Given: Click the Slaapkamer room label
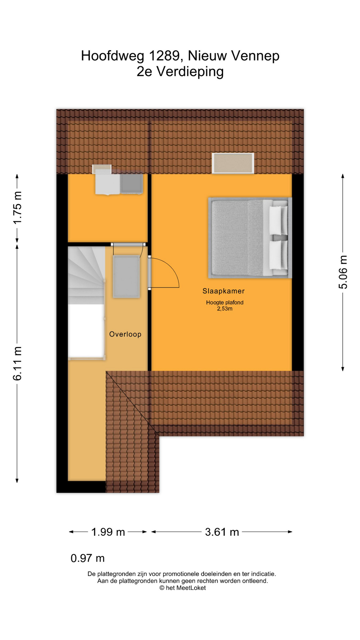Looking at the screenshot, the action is tap(223, 291).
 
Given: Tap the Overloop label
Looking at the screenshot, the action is tap(125, 334).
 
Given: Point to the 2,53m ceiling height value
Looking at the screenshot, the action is tap(225, 309).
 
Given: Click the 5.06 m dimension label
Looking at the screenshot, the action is tap(343, 272).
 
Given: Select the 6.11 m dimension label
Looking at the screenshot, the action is tap(17, 363).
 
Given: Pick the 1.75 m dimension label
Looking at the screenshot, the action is tap(17, 207).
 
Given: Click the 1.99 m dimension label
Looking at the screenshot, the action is tap(108, 532).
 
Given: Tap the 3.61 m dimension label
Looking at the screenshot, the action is tap(222, 532).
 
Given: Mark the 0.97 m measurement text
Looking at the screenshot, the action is tap(88, 558).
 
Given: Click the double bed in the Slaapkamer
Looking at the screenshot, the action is tap(250, 238).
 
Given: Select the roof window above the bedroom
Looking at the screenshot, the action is tap(233, 163).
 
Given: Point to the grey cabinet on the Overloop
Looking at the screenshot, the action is tap(126, 277).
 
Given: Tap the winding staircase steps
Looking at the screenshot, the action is tap(86, 275).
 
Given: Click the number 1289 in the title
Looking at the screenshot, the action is tap(164, 56).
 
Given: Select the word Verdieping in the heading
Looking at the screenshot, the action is tap(190, 72).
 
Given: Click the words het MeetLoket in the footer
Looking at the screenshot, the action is tap(186, 588).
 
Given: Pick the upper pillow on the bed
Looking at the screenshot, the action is tap(278, 220).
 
